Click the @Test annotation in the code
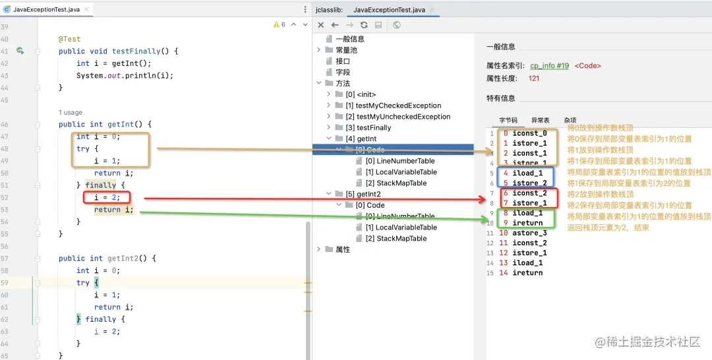pyautogui.click(x=69, y=39)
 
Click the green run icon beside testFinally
pyautogui.click(x=20, y=51)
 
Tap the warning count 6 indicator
pyautogui.click(x=280, y=24)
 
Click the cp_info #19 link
pyautogui.click(x=549, y=66)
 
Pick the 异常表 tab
pyautogui.click(x=541, y=121)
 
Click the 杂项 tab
pyautogui.click(x=570, y=121)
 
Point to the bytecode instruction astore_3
pyautogui.click(x=529, y=233)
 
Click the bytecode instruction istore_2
pyautogui.click(x=529, y=183)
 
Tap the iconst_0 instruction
pyautogui.click(x=529, y=133)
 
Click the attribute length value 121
pyautogui.click(x=534, y=78)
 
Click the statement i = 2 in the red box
pyautogui.click(x=107, y=197)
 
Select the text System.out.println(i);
pyautogui.click(x=125, y=75)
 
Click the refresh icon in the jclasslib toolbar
pyautogui.click(x=364, y=25)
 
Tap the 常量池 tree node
pyautogui.click(x=347, y=50)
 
